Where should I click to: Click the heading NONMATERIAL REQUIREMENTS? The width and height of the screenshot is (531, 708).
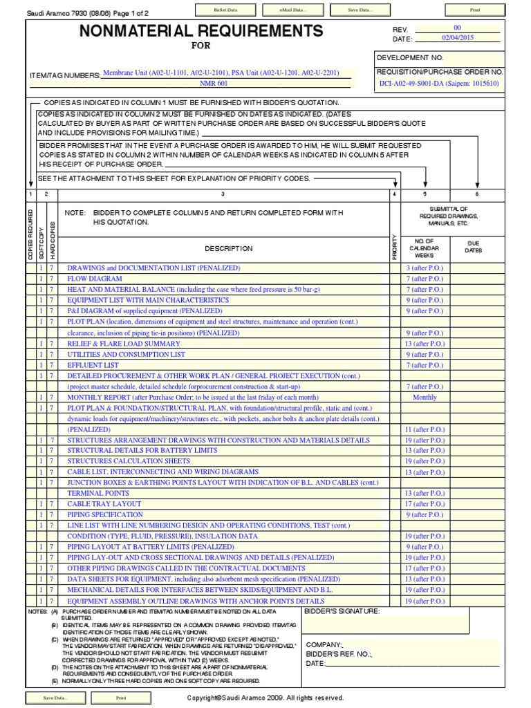(201, 31)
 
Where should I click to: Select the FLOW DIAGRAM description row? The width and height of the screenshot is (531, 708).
(95, 279)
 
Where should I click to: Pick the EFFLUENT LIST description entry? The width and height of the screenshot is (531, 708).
(93, 365)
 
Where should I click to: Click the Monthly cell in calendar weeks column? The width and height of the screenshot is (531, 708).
(425, 398)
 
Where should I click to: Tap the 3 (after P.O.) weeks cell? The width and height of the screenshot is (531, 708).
(425, 268)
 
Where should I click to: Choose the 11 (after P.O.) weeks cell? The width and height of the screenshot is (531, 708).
(425, 429)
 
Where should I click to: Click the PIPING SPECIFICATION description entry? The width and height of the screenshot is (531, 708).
(105, 515)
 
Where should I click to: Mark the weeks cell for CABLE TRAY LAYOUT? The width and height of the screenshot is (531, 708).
(425, 504)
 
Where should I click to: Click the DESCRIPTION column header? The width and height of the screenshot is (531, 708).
(228, 248)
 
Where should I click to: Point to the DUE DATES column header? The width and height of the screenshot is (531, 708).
(474, 247)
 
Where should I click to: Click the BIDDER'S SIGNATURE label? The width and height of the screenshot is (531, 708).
(342, 611)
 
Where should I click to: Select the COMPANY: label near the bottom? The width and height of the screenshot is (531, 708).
(324, 644)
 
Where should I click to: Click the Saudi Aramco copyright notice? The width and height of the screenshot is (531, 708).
(265, 698)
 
